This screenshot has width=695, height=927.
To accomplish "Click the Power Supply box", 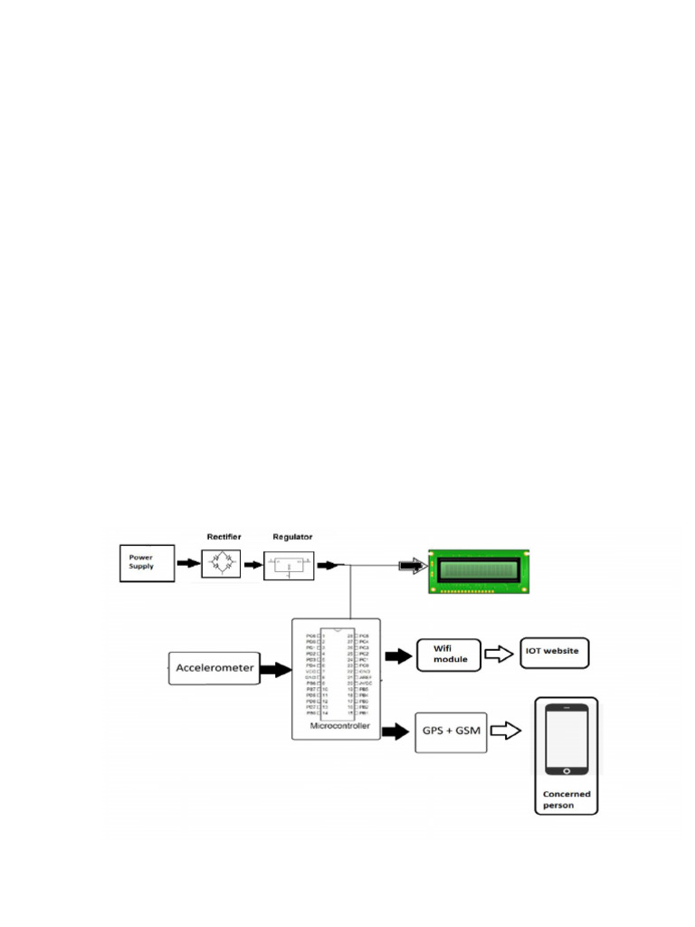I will coord(146,561).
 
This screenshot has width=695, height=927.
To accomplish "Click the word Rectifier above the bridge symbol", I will coord(224,537).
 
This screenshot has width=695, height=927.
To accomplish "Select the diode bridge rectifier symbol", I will coord(221,564).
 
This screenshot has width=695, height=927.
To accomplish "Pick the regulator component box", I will coord(288,566).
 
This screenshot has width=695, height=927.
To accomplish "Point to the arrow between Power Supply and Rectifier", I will coord(186,564).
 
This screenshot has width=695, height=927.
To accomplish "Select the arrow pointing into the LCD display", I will coord(412,567).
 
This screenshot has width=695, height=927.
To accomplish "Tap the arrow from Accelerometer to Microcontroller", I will coord(275,671).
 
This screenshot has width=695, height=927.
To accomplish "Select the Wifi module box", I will coord(449,654).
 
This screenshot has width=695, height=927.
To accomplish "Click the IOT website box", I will coord(557,651).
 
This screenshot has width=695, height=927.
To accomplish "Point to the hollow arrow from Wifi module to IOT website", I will coord(499,655).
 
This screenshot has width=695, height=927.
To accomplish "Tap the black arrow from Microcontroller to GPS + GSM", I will coord(395,731).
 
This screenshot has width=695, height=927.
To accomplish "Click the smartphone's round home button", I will coord(566,770).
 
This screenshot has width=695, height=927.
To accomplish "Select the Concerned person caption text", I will coord(566,799).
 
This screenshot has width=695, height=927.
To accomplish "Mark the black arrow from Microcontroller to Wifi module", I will coord(396,655).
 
